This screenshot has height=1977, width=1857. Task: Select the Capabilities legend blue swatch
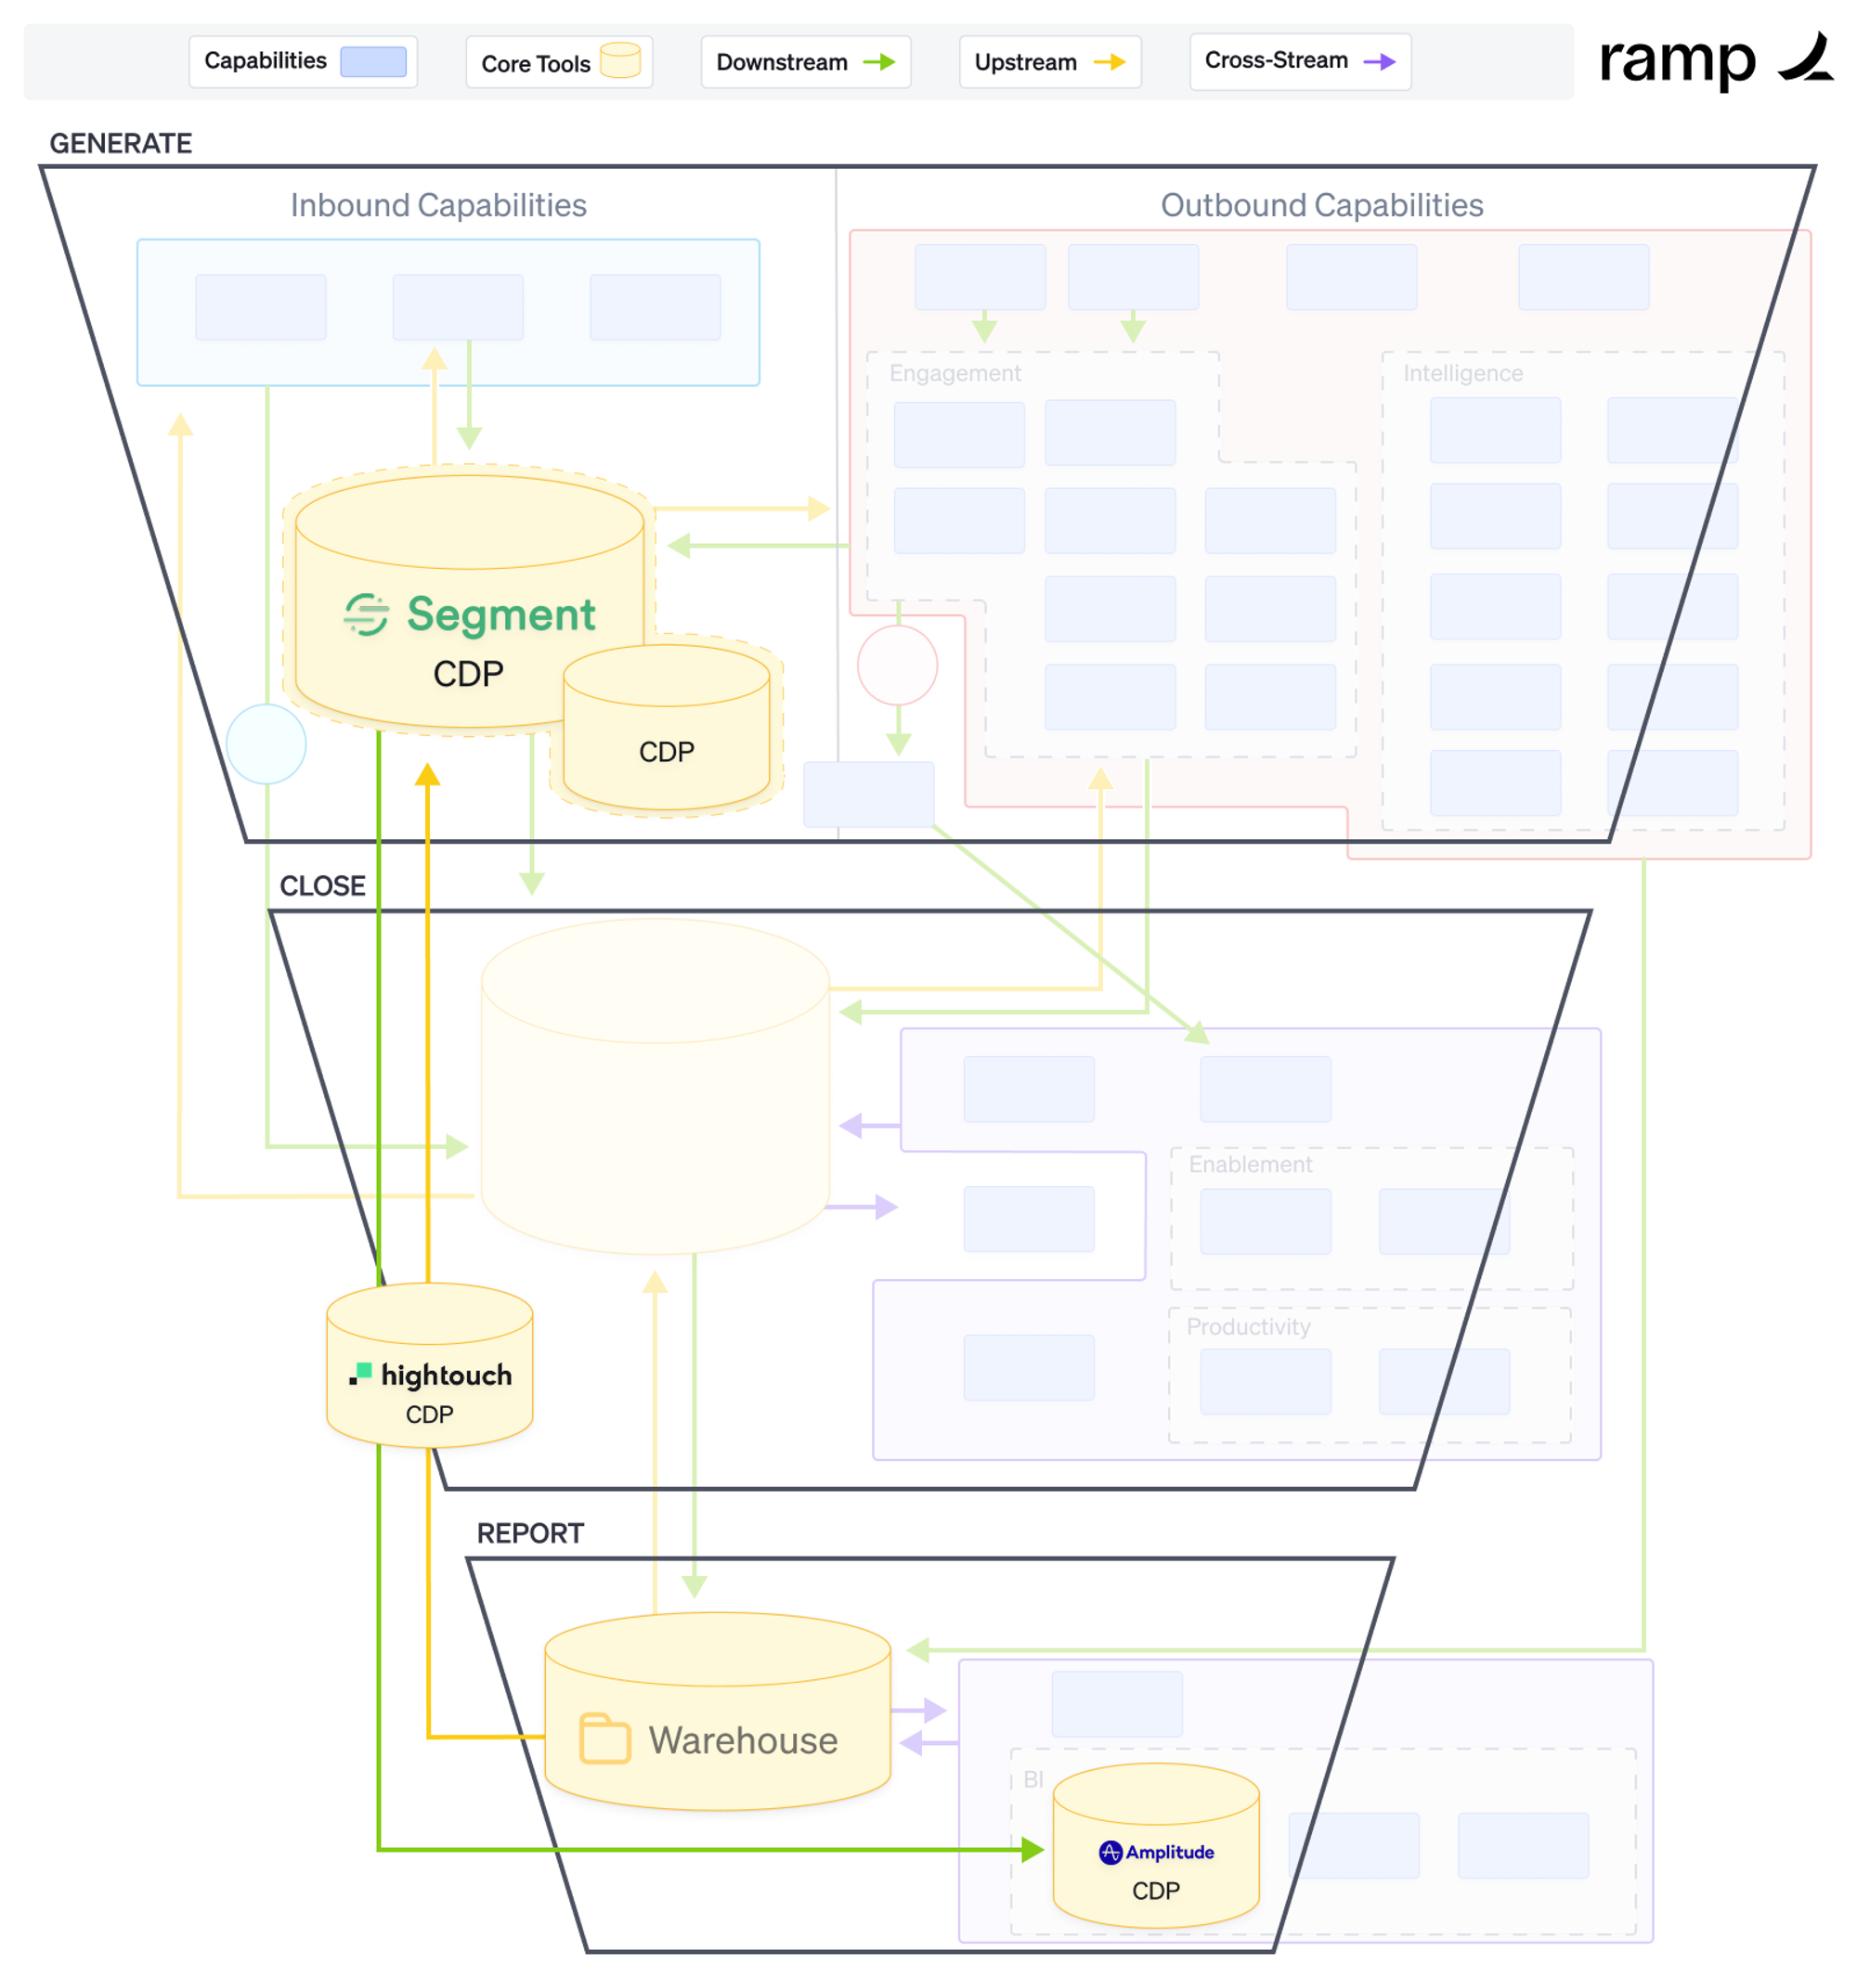coord(373,61)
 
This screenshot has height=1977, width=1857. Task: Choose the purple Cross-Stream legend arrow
coord(1379,61)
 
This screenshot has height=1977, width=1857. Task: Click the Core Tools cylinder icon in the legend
coord(619,59)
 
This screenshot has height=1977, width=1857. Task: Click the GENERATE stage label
coord(121,143)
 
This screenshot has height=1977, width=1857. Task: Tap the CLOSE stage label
coord(322,885)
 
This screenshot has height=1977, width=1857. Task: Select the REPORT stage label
coord(529,1532)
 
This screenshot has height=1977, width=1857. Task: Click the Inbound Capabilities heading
coord(437,205)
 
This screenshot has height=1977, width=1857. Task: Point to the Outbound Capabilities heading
coord(1321,205)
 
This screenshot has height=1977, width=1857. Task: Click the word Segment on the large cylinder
coord(500,614)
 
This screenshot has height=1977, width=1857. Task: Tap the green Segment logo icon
coord(365,614)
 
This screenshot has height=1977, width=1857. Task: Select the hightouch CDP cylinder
coord(430,1366)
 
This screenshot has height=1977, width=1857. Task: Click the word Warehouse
coord(742,1740)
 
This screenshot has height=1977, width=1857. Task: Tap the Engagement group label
coord(954,373)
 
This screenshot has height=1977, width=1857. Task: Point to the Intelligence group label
coord(1462,373)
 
